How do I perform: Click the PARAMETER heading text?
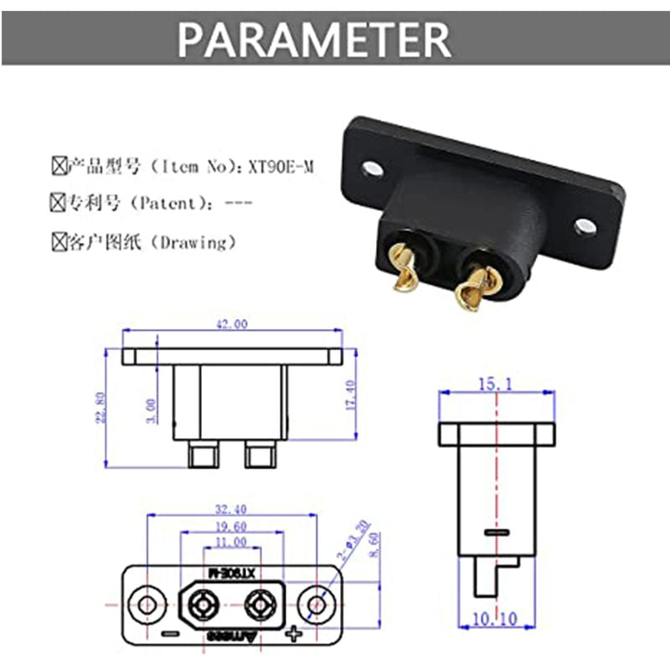click(x=314, y=38)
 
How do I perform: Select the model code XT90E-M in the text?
click(x=282, y=167)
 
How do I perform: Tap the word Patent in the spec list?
click(x=163, y=204)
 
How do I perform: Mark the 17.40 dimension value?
click(x=350, y=394)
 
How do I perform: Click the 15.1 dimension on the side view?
click(x=495, y=384)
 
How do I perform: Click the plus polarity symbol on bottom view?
click(x=293, y=633)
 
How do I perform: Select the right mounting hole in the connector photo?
click(x=585, y=225)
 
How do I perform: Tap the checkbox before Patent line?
click(x=58, y=203)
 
